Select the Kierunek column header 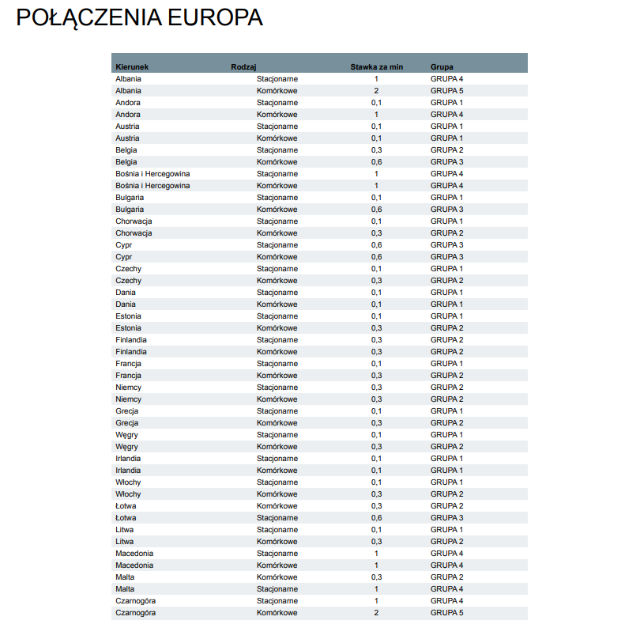click(132, 66)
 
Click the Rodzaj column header click(243, 66)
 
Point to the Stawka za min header click(376, 66)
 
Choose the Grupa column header click(442, 66)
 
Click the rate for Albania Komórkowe click(376, 91)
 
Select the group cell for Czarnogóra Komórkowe click(446, 613)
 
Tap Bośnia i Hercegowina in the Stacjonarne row click(152, 174)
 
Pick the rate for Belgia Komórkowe click(376, 162)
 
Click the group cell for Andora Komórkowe click(446, 115)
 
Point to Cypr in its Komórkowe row click(124, 257)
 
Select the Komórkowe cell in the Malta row click(277, 577)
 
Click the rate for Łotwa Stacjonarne click(376, 518)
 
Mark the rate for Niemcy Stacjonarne click(376, 388)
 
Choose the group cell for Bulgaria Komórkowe click(446, 210)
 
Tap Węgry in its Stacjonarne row click(126, 435)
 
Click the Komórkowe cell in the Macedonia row click(277, 565)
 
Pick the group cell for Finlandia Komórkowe click(446, 352)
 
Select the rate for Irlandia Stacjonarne click(376, 459)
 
